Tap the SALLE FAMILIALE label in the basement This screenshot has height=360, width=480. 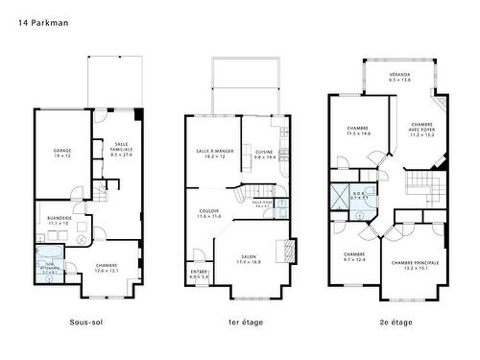coord(121,150)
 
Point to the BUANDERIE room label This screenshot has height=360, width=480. coord(60,220)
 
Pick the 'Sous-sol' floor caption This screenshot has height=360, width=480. coord(86,322)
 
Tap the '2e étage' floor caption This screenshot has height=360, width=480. coord(395,322)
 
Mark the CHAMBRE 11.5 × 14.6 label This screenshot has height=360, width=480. coord(358,130)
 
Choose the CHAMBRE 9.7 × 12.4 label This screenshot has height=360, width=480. coord(354,256)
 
